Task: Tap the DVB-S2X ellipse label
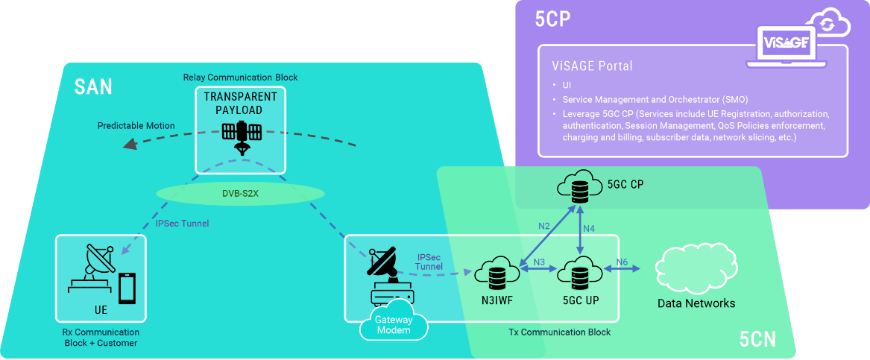click(x=240, y=193)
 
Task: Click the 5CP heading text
click(x=553, y=20)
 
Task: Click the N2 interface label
click(x=544, y=226)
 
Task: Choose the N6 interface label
click(x=622, y=262)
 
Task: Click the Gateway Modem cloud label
click(x=394, y=324)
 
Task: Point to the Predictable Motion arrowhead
click(x=130, y=144)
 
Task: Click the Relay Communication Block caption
click(x=240, y=78)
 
